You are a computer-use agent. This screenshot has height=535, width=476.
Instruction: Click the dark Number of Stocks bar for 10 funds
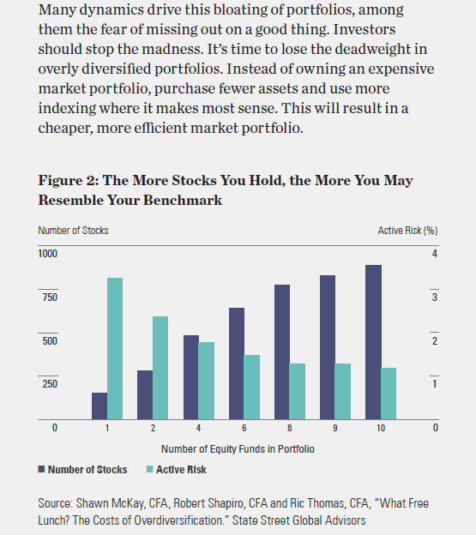point(373,342)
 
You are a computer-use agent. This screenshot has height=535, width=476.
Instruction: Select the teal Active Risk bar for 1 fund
point(115,348)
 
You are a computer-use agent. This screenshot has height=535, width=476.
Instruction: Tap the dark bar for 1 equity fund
point(99,406)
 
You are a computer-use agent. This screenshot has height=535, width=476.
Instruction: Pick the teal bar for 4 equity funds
point(207,381)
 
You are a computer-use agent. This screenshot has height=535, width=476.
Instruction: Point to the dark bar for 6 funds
point(237,364)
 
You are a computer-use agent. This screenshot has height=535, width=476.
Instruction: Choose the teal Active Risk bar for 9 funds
point(342,391)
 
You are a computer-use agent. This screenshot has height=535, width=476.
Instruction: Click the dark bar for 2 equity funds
point(145,394)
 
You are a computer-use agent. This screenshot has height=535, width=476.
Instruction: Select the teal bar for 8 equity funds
point(298,391)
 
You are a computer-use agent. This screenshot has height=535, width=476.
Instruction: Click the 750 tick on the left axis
point(50,298)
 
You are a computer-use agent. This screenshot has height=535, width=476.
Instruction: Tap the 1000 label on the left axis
point(48,254)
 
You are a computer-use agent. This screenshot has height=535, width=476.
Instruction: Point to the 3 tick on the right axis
point(434,298)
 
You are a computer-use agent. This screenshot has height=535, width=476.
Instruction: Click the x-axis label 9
point(335,428)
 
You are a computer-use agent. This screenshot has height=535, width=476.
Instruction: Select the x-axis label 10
point(381,428)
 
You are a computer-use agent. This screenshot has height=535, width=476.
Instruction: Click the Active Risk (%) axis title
point(407,231)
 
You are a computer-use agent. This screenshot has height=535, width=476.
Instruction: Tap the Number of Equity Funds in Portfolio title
point(238,449)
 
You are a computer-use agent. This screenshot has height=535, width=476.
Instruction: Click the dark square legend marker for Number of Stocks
point(41,469)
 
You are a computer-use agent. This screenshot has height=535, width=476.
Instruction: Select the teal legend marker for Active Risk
point(150,469)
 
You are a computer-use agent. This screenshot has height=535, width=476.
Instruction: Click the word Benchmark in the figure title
point(182,201)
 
